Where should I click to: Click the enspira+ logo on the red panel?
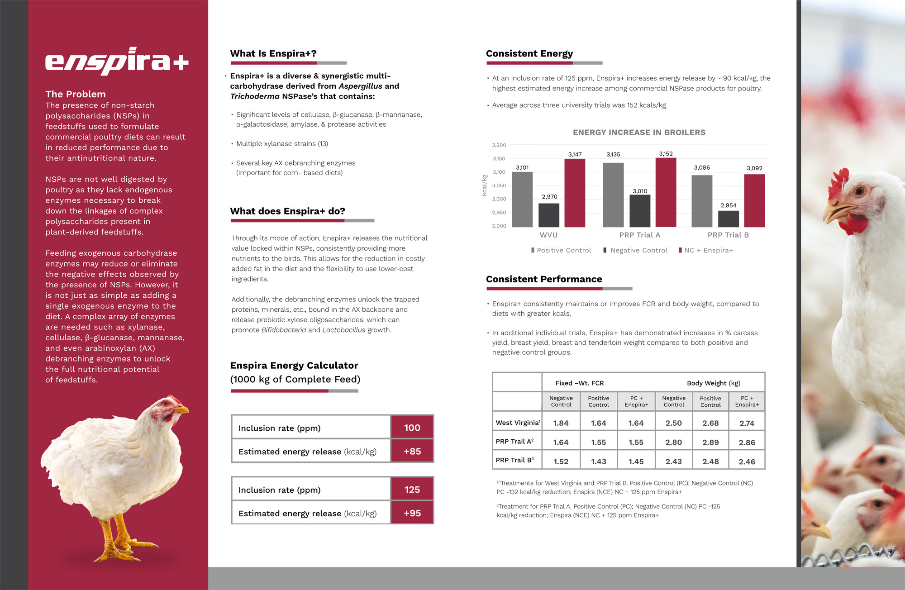(x=117, y=62)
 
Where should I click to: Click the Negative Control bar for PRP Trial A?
(x=640, y=211)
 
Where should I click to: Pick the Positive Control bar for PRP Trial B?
(x=702, y=201)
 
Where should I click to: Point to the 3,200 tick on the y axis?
(x=499, y=145)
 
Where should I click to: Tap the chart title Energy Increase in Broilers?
(x=639, y=133)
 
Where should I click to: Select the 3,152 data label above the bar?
(x=666, y=154)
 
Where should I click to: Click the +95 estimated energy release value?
(x=412, y=513)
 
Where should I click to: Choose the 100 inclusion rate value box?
(x=412, y=428)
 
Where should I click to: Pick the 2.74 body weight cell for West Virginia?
(x=747, y=423)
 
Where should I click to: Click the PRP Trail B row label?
(x=514, y=460)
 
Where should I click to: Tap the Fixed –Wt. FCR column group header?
(x=580, y=383)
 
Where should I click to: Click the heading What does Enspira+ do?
(x=287, y=211)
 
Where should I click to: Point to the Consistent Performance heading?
(x=544, y=279)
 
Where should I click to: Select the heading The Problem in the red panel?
(x=76, y=94)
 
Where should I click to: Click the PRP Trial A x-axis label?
(x=639, y=235)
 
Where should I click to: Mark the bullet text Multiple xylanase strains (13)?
(x=282, y=144)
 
